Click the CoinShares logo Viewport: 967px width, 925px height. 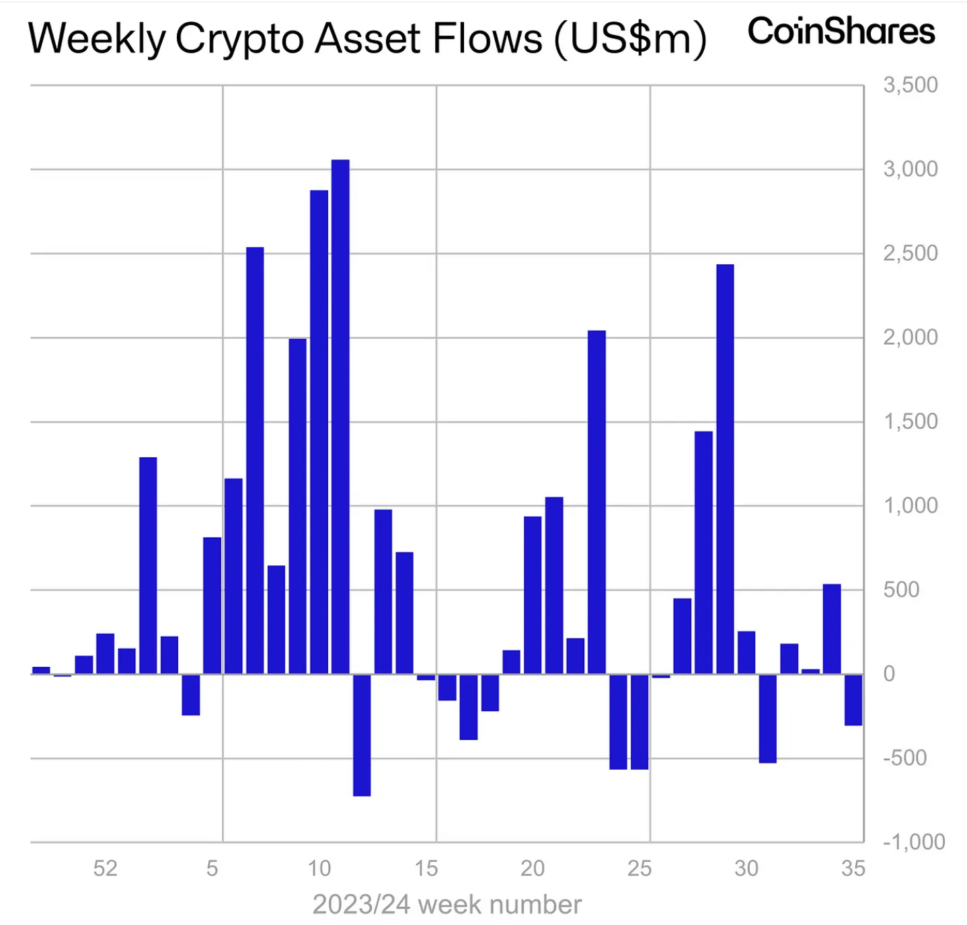(841, 32)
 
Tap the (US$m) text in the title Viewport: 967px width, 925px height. (630, 38)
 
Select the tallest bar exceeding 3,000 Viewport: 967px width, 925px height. (340, 417)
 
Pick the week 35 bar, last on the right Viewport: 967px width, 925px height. (853, 700)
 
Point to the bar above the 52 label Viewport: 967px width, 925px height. (105, 653)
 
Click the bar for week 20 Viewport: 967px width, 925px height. (533, 595)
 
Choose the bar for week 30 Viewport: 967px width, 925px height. (746, 652)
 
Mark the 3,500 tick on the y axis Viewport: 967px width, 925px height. (910, 85)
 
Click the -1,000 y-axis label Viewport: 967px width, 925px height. (913, 842)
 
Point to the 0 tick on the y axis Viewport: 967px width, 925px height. (889, 674)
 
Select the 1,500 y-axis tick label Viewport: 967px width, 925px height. (910, 421)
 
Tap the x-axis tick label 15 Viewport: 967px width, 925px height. (426, 869)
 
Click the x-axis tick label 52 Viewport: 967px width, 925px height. (105, 869)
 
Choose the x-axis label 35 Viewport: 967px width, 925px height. (853, 869)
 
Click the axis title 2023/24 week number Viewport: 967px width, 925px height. (447, 905)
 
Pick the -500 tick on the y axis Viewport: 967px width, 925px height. (904, 758)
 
